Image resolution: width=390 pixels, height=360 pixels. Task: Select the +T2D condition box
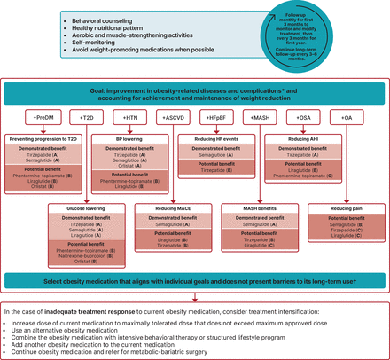coord(85,117)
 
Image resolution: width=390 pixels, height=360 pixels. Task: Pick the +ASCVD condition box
coord(170,117)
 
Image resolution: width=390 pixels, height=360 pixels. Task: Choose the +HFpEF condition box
coord(213,117)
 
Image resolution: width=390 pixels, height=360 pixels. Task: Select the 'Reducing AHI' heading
coord(300,138)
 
